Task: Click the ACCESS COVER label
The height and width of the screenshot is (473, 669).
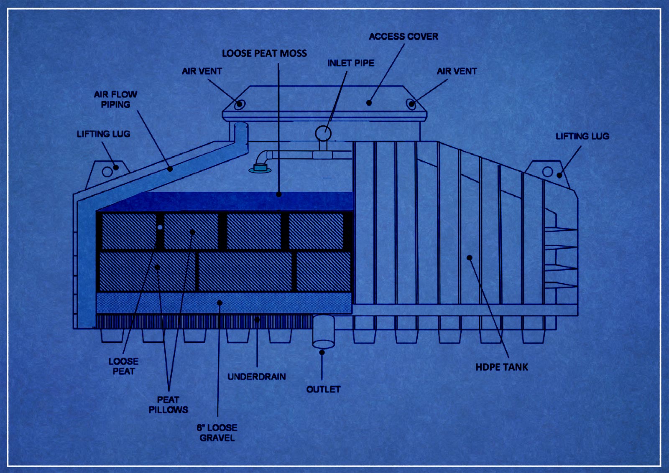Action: point(403,36)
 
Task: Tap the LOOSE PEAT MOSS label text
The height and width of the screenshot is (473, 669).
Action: point(264,53)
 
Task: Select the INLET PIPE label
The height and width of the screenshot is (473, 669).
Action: point(351,63)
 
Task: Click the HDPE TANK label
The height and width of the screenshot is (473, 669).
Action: point(502,367)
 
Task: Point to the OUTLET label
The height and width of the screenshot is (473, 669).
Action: point(324,389)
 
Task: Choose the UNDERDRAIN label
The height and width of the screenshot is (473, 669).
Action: point(257,376)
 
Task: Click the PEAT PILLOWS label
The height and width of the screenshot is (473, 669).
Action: point(169,404)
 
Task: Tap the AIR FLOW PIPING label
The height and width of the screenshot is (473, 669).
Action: point(115,99)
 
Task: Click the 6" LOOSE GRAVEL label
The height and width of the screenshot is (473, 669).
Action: point(217,433)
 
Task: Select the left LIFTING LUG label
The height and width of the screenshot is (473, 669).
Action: point(104,134)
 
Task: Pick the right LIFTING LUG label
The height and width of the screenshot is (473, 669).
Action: point(582,136)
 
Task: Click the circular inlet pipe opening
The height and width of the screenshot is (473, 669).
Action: point(323,133)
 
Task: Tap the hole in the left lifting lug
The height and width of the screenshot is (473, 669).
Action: point(107,172)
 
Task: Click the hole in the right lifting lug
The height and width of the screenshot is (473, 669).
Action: point(547,172)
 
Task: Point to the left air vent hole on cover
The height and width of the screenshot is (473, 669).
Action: point(240,104)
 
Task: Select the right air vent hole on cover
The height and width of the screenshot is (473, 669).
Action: point(411,104)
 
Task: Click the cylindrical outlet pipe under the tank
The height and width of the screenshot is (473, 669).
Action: point(324,331)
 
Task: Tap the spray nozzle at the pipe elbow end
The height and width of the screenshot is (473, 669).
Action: point(260,169)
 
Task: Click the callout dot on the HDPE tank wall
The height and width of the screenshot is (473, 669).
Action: point(470,257)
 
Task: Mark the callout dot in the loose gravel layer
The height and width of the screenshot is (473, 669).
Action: point(220,303)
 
